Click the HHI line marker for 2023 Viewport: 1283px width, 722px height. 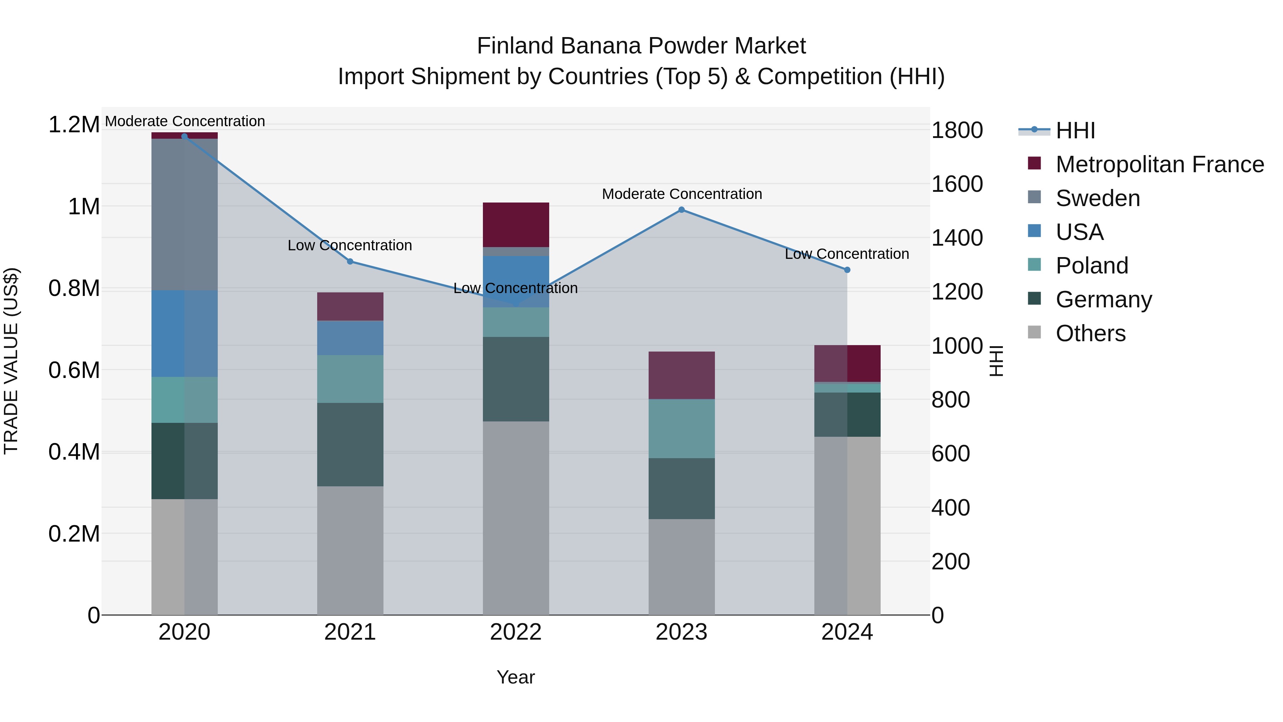click(x=681, y=210)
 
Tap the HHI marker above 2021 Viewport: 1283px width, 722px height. click(x=350, y=262)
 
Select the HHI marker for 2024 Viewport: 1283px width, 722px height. click(x=847, y=270)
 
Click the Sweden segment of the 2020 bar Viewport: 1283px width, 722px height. click(x=184, y=214)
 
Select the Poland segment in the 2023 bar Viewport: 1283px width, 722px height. click(x=681, y=429)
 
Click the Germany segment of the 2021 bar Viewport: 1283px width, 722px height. click(x=350, y=445)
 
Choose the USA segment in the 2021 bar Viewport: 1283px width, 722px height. click(x=350, y=338)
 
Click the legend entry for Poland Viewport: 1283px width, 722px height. click(x=1092, y=266)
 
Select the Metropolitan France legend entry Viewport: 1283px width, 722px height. click(x=1159, y=164)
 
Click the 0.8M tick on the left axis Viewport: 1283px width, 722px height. click(x=74, y=288)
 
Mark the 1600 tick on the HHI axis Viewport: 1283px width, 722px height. click(x=957, y=184)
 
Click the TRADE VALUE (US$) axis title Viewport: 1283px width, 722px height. click(x=11, y=361)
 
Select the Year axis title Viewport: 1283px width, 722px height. click(x=515, y=677)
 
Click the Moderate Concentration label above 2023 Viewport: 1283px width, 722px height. click(x=681, y=194)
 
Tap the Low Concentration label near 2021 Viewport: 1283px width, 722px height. click(x=350, y=245)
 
